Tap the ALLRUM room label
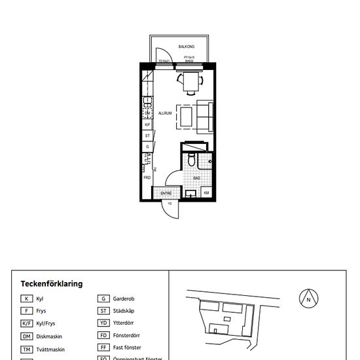tap(165, 113)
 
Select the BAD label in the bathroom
tap(196, 177)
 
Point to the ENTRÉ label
tap(166, 193)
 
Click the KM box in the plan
tap(206, 193)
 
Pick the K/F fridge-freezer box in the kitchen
tap(147, 124)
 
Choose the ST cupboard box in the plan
tap(147, 135)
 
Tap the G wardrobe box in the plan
tap(147, 147)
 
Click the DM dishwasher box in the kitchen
tap(147, 113)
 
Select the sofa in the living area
tap(206, 117)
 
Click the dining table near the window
tap(190, 81)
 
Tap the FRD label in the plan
tap(147, 177)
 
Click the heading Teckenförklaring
tap(52, 284)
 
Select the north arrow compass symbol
tap(308, 299)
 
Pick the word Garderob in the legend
tap(124, 298)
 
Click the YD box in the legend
tap(103, 323)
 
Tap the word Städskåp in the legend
tap(124, 311)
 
